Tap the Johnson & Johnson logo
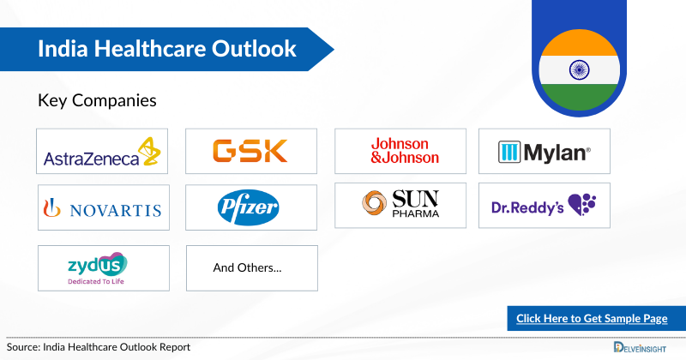point(400,152)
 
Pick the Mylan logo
point(545,153)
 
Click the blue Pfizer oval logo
point(250,207)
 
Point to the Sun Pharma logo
point(400,205)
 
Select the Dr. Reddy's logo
point(545,205)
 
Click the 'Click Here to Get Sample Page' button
point(592,318)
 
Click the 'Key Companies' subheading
point(97,100)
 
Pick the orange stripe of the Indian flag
point(579,41)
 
